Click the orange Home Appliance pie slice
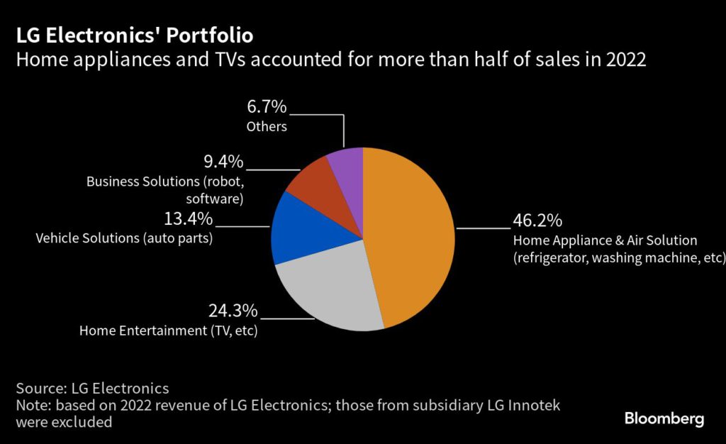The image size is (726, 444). pyautogui.click(x=411, y=234)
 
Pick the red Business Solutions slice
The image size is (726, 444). pyautogui.click(x=312, y=185)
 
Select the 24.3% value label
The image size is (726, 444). pyautogui.click(x=233, y=311)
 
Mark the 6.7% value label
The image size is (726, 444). pyautogui.click(x=266, y=107)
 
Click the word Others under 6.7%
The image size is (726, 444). pyautogui.click(x=267, y=127)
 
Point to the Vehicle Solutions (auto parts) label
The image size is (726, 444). pyautogui.click(x=124, y=238)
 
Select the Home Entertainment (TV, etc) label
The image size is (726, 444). pyautogui.click(x=168, y=331)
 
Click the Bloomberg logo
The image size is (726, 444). pyautogui.click(x=664, y=418)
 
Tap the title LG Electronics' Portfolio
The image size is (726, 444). pyautogui.click(x=134, y=35)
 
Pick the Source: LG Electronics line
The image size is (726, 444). pyautogui.click(x=92, y=388)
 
